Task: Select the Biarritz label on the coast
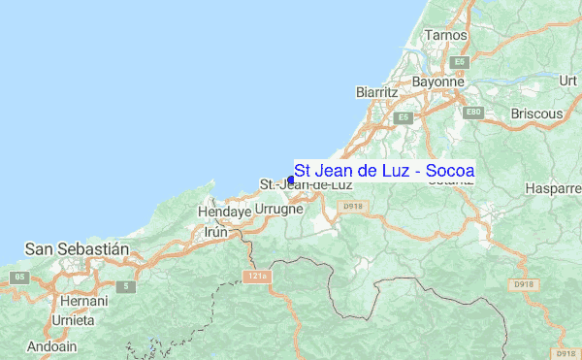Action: [377, 91]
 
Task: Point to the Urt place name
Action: [567, 82]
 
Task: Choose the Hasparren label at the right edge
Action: [552, 188]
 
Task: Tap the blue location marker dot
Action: [291, 180]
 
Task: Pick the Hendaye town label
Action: [224, 211]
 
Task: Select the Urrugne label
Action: [279, 209]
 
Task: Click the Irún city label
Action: [215, 232]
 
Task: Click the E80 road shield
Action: [473, 114]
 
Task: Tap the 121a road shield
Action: [256, 277]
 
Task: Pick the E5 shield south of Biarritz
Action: [404, 117]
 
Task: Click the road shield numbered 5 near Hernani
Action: [125, 286]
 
